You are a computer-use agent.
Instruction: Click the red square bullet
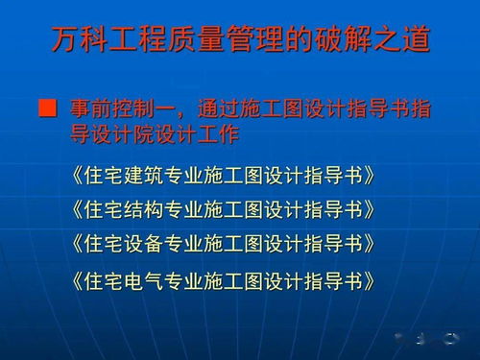[45, 109]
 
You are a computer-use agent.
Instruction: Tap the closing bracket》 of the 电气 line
[366, 281]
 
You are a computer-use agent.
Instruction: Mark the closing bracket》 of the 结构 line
[366, 209]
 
